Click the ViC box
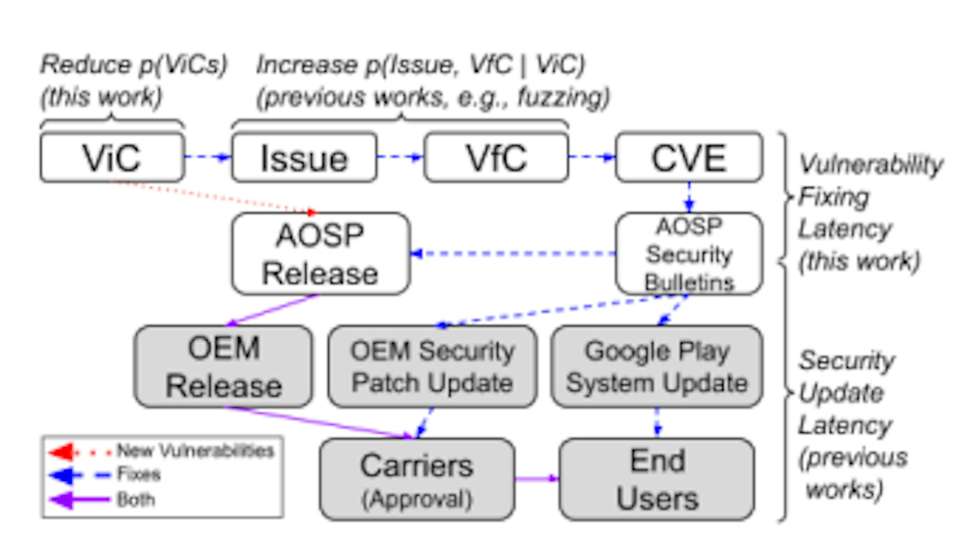(x=112, y=157)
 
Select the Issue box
(x=304, y=157)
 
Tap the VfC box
(x=496, y=157)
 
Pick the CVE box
(x=689, y=157)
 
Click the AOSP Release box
(x=320, y=254)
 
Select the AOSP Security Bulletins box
(x=689, y=254)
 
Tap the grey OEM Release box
(x=223, y=366)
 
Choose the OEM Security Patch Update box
(x=432, y=366)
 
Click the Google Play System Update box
(x=657, y=366)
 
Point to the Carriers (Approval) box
(x=417, y=479)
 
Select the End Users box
(x=657, y=479)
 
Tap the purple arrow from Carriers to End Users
(x=536, y=479)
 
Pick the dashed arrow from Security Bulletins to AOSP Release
(x=513, y=253)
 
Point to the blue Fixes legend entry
(x=139, y=474)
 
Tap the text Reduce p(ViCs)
(x=134, y=64)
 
